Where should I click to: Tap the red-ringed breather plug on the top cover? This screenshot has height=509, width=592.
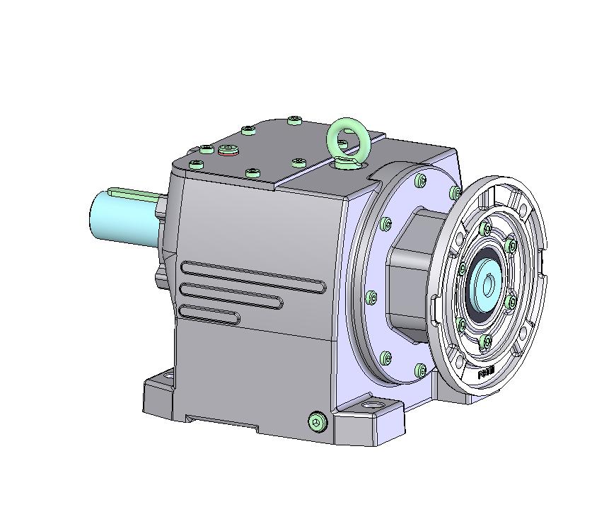(x=228, y=150)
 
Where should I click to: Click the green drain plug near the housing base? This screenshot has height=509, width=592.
(x=318, y=422)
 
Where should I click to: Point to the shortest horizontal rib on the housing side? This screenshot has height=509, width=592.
(x=209, y=314)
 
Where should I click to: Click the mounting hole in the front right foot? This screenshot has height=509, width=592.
(x=371, y=407)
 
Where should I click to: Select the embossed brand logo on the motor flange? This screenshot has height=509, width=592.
(x=487, y=373)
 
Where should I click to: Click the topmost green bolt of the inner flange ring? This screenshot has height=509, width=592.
(x=485, y=228)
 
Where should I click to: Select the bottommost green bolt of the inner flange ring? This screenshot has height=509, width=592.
(x=485, y=342)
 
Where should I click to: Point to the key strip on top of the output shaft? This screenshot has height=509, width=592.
(x=134, y=191)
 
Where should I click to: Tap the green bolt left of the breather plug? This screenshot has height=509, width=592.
(x=206, y=150)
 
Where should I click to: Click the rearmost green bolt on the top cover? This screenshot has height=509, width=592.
(x=295, y=121)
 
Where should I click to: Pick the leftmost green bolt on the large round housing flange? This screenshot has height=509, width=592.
(x=371, y=298)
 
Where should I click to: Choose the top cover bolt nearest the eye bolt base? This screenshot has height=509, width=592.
(x=299, y=163)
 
